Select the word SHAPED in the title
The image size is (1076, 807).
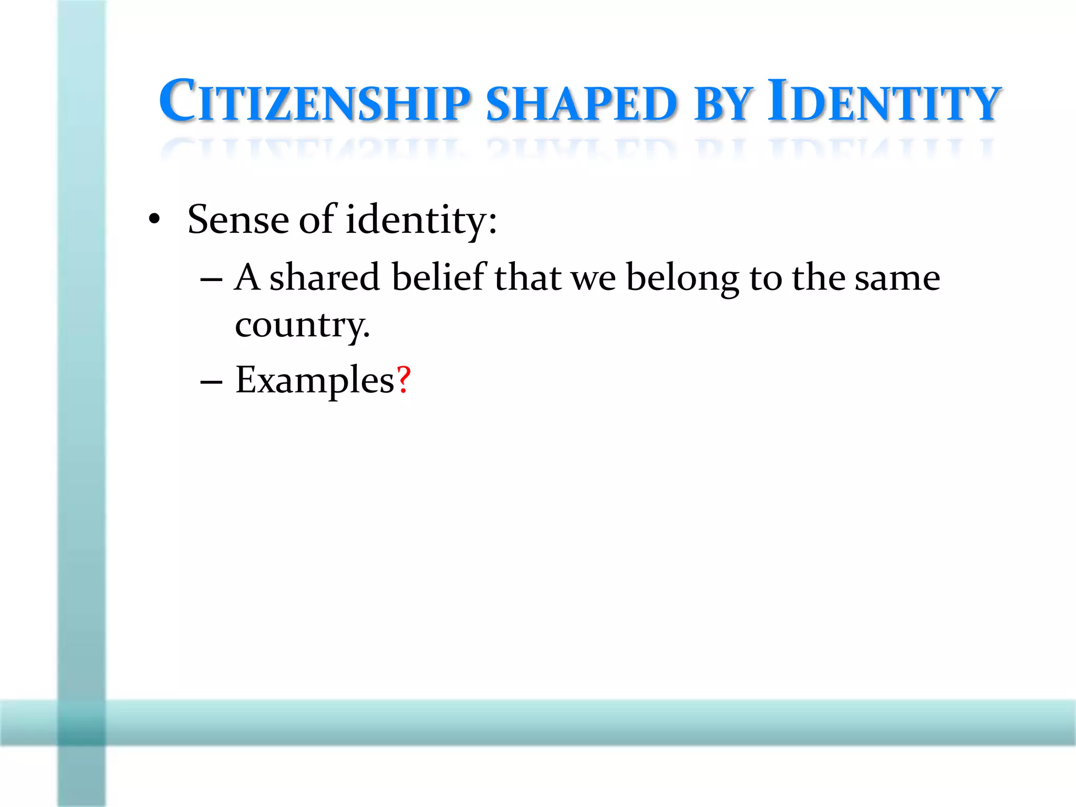[582, 103]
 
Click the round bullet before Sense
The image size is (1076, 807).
[153, 220]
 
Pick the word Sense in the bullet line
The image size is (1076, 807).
[238, 219]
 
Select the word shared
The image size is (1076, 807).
[324, 277]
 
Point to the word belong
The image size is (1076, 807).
[682, 278]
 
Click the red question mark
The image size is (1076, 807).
[403, 379]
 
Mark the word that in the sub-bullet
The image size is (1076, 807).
[527, 277]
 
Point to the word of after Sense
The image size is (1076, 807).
[317, 219]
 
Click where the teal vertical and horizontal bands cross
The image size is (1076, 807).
[81, 722]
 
